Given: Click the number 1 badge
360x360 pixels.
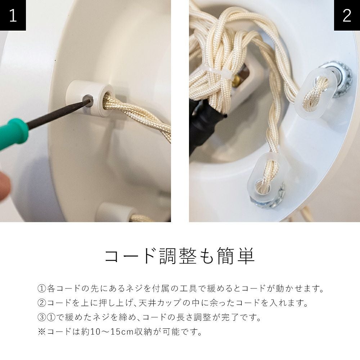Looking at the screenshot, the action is (x=13, y=15).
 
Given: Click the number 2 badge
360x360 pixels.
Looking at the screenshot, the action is (x=347, y=15).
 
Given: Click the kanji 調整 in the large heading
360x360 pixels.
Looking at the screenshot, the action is (x=178, y=256).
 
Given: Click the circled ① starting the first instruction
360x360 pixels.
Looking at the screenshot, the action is (x=42, y=288).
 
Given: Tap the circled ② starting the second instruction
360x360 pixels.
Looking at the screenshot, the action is (x=42, y=303).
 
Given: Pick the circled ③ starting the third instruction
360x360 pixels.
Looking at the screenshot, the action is (x=42, y=317).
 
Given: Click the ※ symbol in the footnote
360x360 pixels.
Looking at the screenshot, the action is (x=42, y=332).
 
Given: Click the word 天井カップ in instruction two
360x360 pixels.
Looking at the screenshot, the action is (x=160, y=303).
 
